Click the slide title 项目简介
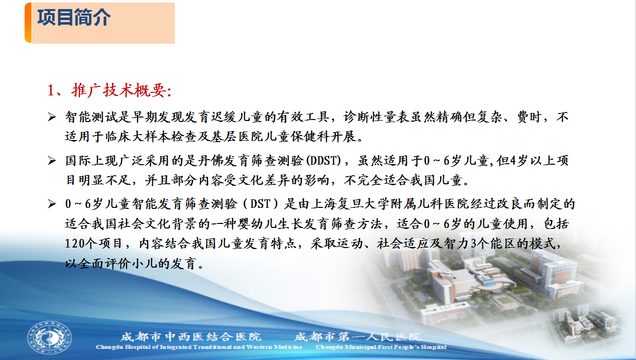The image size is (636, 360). [x=74, y=18]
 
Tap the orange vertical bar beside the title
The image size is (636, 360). [x=28, y=23]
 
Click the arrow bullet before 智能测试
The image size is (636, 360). [x=52, y=117]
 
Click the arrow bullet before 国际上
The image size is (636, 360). [x=52, y=161]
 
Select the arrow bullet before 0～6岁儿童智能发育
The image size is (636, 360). [x=52, y=204]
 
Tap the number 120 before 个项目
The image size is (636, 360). [x=75, y=244]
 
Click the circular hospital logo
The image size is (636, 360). [x=49, y=338]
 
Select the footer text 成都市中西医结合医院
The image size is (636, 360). [x=191, y=337]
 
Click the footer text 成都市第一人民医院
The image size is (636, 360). [x=358, y=337]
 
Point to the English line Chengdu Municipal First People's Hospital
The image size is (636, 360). [x=381, y=347]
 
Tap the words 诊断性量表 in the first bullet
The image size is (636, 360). [x=376, y=117]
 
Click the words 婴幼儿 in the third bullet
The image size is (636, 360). [x=250, y=224]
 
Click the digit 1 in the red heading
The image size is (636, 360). [x=51, y=91]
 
